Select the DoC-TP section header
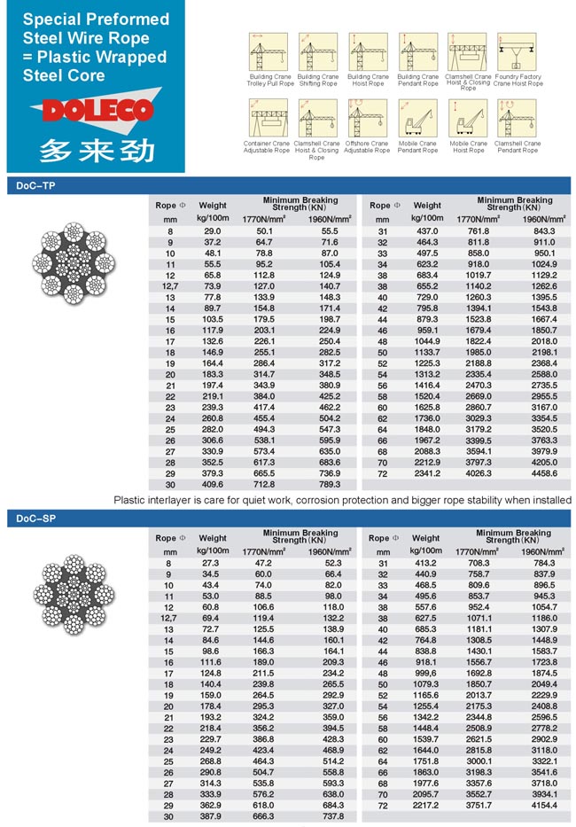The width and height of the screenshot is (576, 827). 36,185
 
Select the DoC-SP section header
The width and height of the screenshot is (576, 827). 36,519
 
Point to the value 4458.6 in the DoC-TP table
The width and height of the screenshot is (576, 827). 544,474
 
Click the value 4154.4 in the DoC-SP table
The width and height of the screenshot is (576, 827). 544,805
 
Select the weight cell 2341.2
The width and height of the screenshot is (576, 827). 428,474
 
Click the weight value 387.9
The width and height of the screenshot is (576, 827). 212,816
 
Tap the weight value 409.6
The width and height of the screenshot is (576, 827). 212,485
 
